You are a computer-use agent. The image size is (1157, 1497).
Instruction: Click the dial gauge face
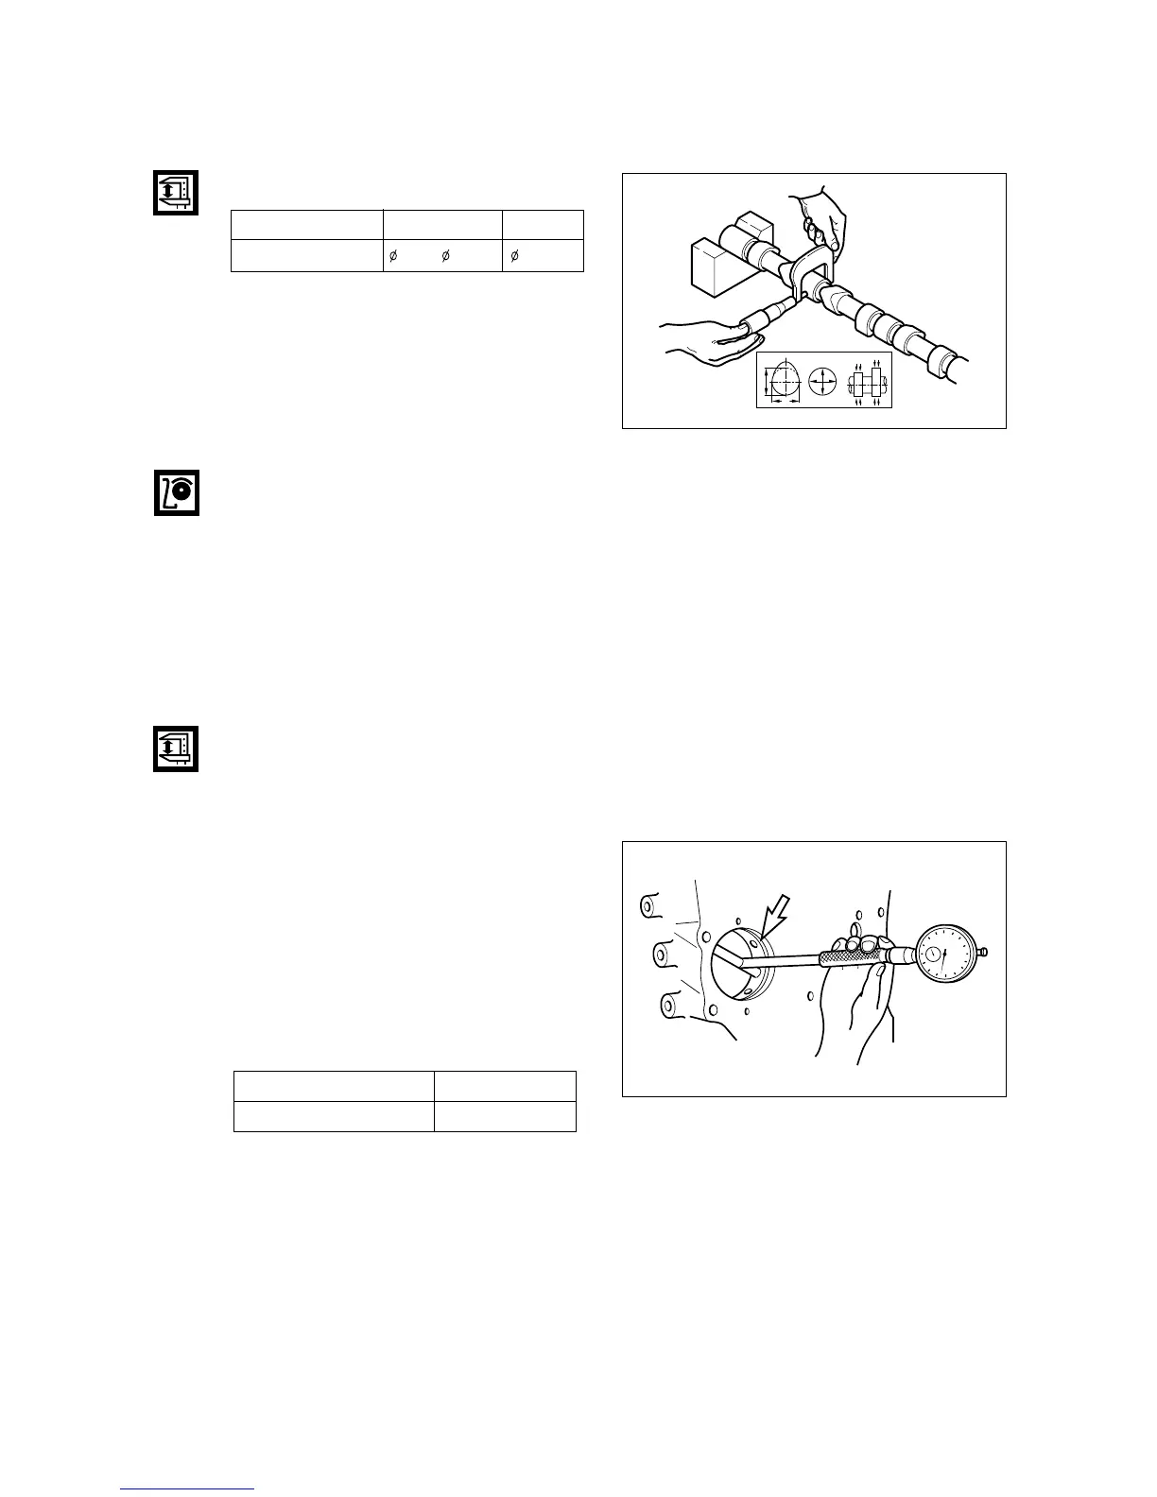pos(943,955)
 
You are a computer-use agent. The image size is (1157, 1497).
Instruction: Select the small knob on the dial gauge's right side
pos(984,952)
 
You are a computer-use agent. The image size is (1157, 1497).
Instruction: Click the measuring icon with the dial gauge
pos(177,491)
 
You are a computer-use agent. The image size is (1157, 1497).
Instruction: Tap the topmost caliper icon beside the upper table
pos(177,193)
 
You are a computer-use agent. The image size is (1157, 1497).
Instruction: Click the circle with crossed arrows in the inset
pos(824,382)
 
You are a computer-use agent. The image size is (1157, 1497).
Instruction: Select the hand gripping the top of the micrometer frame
pos(818,217)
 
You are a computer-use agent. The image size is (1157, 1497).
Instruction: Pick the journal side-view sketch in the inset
pos(867,383)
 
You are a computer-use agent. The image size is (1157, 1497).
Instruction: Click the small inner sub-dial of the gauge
pos(935,955)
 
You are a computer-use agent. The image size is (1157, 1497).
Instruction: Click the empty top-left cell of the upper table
pos(306,225)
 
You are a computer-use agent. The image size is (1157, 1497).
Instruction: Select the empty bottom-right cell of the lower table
pos(504,1116)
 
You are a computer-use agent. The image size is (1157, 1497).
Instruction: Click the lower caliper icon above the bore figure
pos(177,748)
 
